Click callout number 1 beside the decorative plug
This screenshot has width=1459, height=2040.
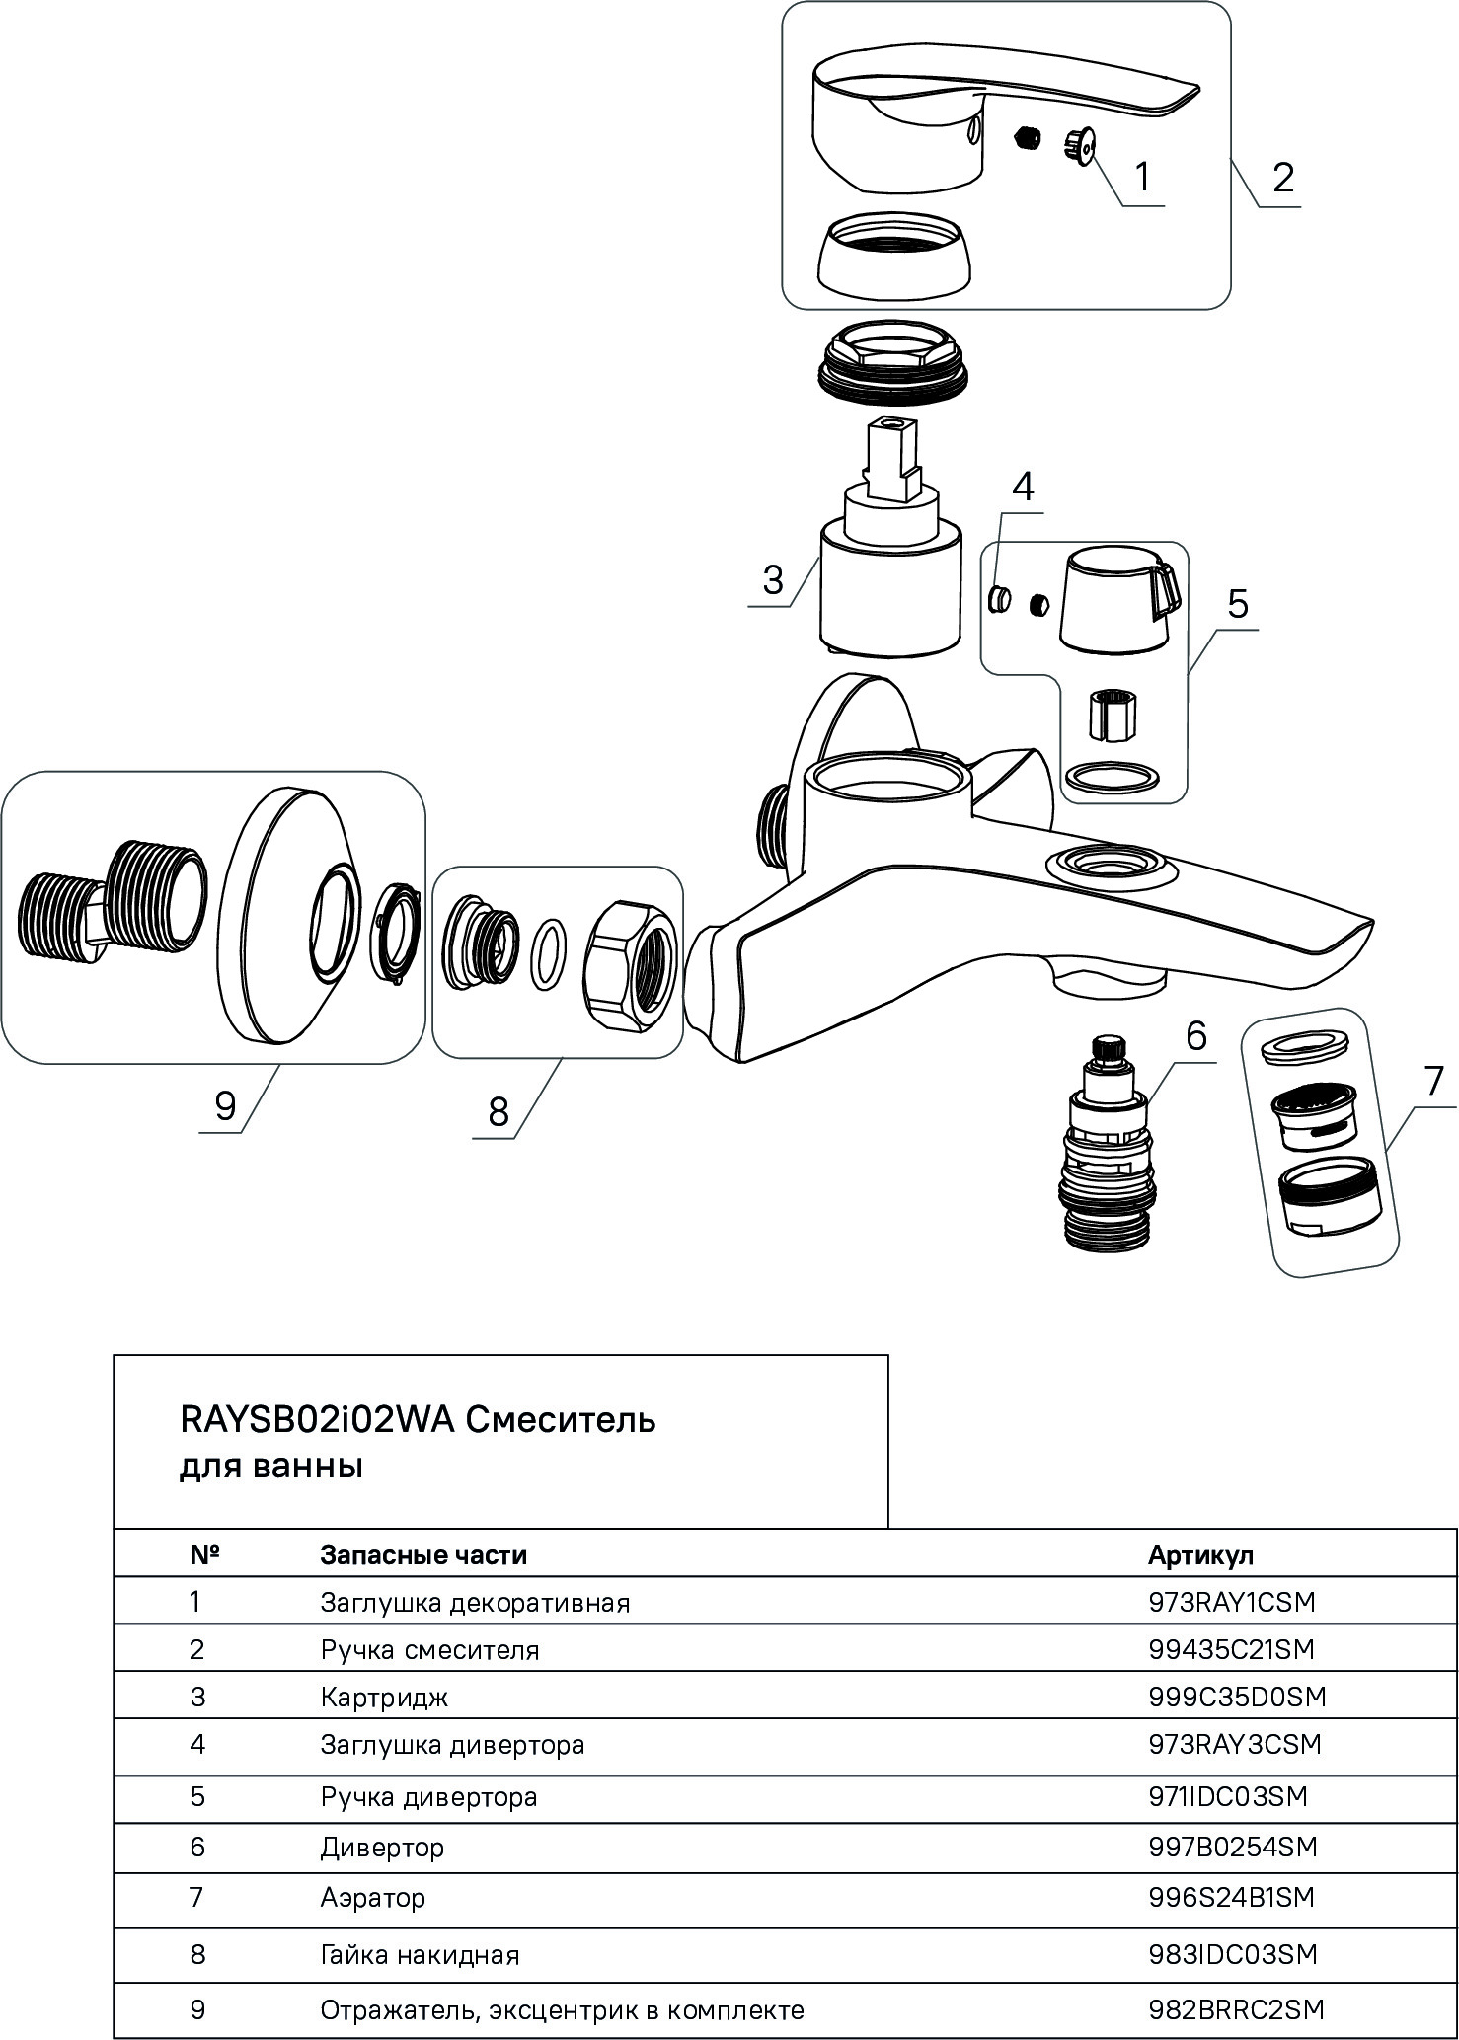1142,179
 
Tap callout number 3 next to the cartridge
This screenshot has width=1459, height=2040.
773,579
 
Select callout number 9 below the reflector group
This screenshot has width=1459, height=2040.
225,1107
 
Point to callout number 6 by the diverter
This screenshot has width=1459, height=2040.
1195,1036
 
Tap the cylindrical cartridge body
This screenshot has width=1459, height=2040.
889,592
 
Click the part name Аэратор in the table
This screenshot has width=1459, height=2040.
372,1898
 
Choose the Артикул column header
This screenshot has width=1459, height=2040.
1200,1556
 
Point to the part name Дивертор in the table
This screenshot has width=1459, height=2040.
382,1848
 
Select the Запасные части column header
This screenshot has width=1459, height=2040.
423,1556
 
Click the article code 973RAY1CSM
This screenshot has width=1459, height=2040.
1232,1602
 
